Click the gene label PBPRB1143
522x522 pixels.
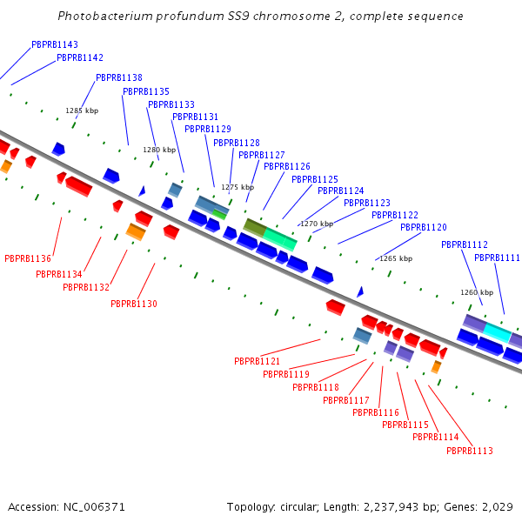[x=54, y=44]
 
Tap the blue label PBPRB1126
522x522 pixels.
[x=286, y=166]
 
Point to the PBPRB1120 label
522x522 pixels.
[x=423, y=227]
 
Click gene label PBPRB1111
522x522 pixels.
[x=497, y=258]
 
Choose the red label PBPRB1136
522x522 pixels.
[x=28, y=258]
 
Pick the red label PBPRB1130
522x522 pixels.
[x=134, y=304]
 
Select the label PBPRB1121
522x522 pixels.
[x=257, y=361]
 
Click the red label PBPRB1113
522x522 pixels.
[x=469, y=451]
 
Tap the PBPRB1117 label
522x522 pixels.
[x=345, y=400]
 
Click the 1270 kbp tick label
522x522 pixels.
[x=317, y=224]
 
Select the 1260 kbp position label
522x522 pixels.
[x=476, y=293]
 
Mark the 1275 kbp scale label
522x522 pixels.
[x=238, y=187]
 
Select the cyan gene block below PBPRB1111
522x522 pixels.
[x=497, y=331]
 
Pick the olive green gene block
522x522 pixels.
[x=255, y=226]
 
